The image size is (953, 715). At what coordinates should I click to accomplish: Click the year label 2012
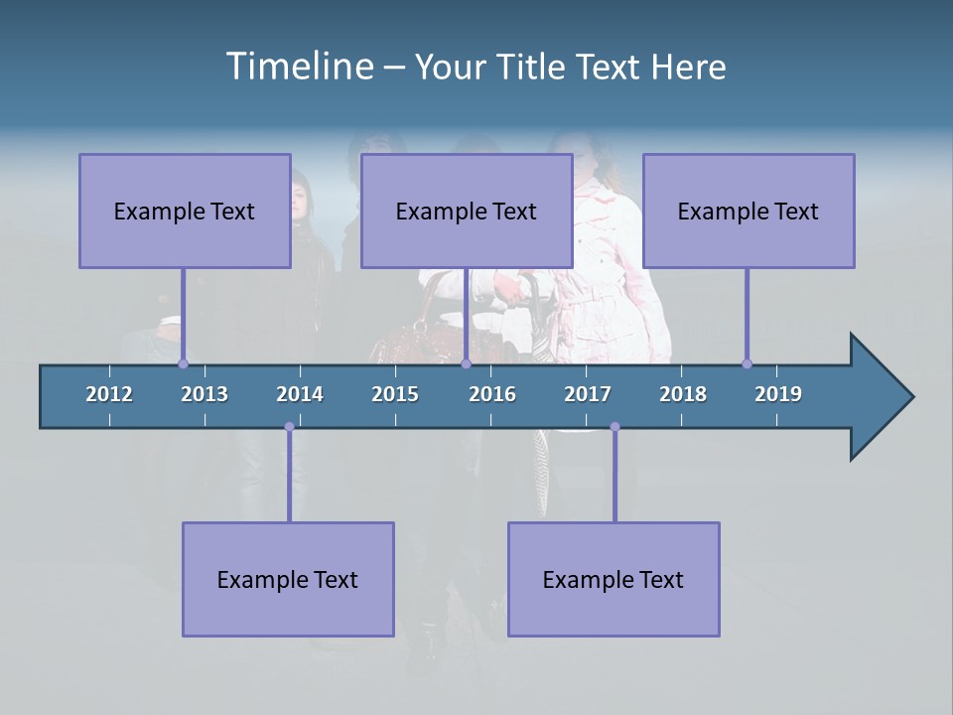tap(109, 394)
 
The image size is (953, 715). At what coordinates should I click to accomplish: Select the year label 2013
tap(204, 394)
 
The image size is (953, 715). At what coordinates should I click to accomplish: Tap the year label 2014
tap(300, 394)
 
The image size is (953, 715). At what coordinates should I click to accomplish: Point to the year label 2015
tap(395, 394)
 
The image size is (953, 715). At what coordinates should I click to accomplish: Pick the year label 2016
tap(492, 394)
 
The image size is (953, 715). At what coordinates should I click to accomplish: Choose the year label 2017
tap(588, 394)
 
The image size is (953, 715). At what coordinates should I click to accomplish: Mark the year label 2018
tap(683, 394)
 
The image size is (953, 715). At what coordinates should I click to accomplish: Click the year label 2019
tap(778, 394)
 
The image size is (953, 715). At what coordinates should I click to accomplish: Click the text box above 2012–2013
tap(185, 212)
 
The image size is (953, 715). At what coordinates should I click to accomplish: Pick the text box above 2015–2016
tap(467, 212)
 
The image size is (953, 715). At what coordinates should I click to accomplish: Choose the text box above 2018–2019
tap(749, 212)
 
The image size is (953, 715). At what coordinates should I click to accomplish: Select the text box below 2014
tap(288, 580)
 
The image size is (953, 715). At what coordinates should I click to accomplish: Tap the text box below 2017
tap(613, 580)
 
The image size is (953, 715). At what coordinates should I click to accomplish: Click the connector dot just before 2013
tap(183, 363)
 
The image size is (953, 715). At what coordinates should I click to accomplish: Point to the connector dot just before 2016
tap(466, 363)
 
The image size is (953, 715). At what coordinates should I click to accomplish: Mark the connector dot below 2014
tap(289, 427)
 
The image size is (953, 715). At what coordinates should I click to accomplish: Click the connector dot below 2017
tap(614, 427)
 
